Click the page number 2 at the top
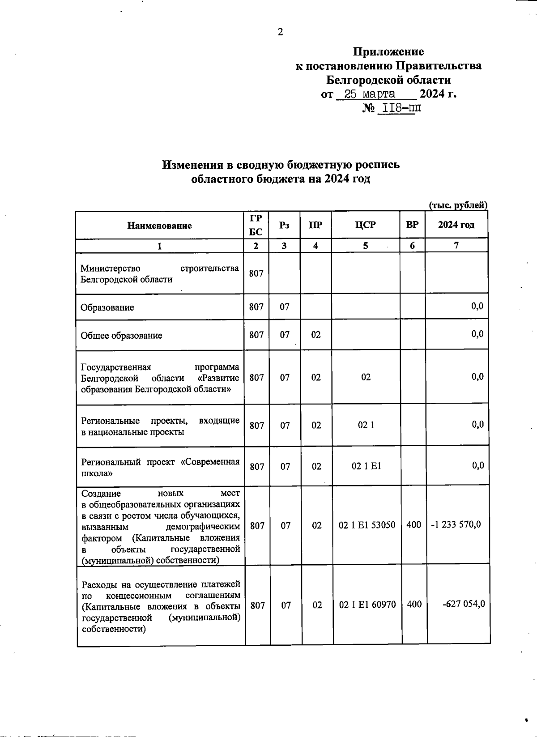(x=280, y=32)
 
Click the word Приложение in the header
(x=388, y=52)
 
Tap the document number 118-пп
(x=399, y=108)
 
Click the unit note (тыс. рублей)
(x=458, y=205)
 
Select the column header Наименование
(x=159, y=226)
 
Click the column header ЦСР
(x=365, y=225)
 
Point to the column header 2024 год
(x=456, y=225)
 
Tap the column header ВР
(x=412, y=225)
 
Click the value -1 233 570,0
(x=456, y=524)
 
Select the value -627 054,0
(x=464, y=605)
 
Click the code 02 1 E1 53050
(x=367, y=525)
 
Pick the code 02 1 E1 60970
(x=367, y=605)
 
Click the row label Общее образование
(x=121, y=336)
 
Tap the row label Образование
(x=107, y=308)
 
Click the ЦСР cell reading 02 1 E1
(x=366, y=466)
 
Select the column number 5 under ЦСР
(x=366, y=246)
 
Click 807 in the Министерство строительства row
(x=256, y=273)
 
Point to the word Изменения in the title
(x=193, y=165)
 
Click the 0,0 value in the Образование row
(x=477, y=307)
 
